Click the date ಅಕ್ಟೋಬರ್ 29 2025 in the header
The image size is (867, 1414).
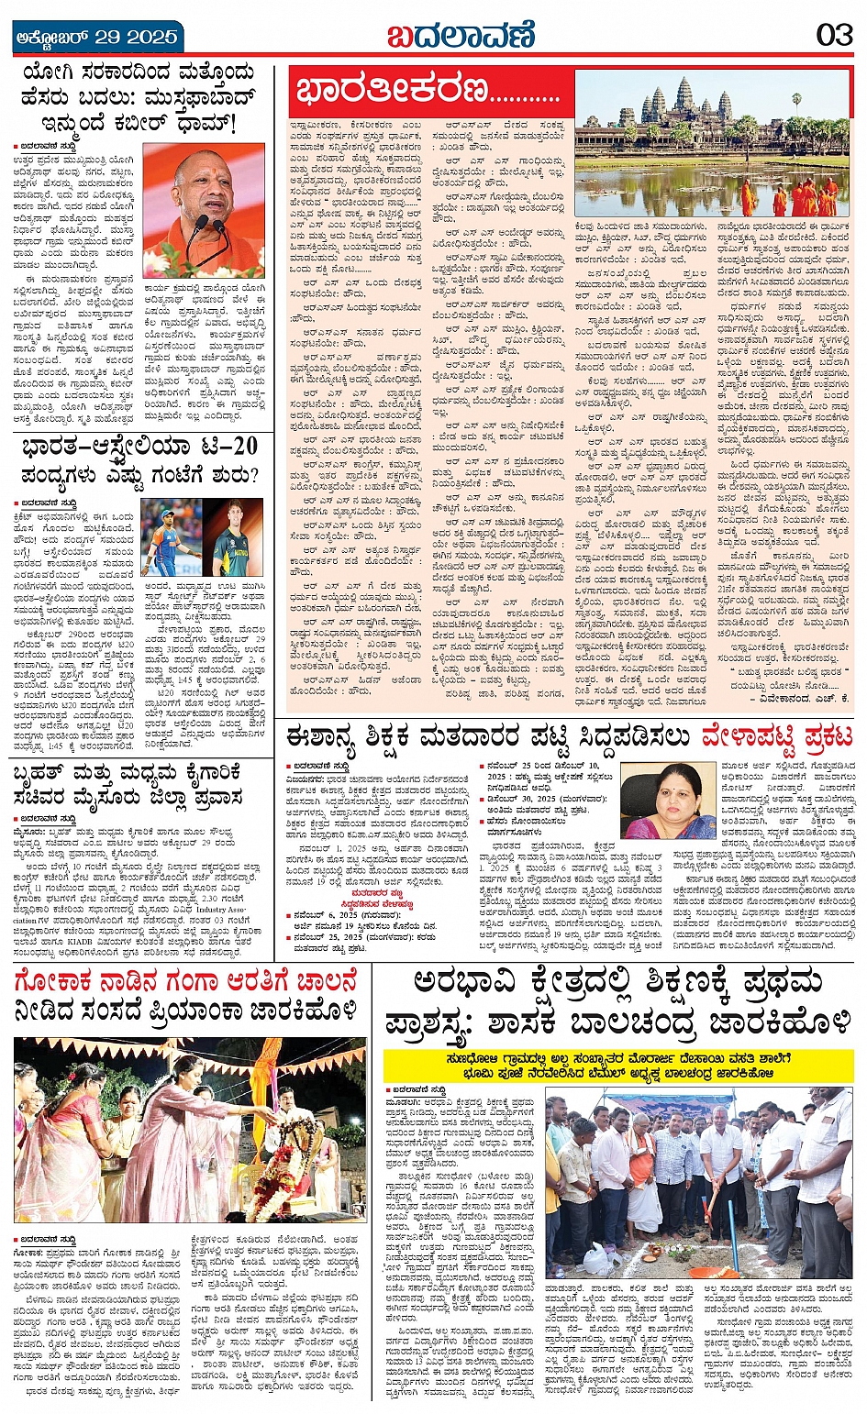(x=96, y=38)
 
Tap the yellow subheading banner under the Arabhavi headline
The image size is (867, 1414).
(x=618, y=1065)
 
